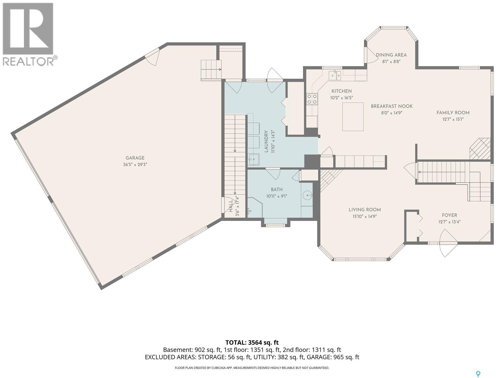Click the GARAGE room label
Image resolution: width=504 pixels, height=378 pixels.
(135, 158)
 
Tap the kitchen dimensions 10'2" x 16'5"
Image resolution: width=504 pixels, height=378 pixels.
(341, 98)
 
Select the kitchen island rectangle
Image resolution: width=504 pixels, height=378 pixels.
(353, 117)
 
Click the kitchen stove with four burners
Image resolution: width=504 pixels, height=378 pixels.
(312, 99)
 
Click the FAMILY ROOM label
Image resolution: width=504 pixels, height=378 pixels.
(453, 113)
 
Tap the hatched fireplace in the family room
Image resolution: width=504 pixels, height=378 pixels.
(480, 149)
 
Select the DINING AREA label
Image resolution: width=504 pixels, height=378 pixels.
(391, 55)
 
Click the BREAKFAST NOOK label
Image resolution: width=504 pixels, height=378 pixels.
(392, 106)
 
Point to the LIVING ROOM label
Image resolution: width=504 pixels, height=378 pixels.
(365, 210)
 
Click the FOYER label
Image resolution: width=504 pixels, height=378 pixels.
(450, 215)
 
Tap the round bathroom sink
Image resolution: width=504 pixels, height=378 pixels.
(307, 196)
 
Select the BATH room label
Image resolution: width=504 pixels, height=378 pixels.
(277, 190)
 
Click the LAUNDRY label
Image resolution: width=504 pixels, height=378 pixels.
(266, 141)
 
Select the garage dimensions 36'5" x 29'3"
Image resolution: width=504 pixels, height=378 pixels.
(135, 164)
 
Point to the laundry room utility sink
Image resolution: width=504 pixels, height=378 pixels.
(254, 159)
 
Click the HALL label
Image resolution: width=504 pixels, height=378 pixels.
(231, 206)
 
